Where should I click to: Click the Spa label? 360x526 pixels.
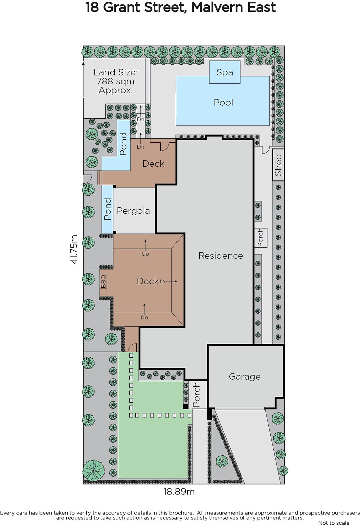pyautogui.click(x=225, y=73)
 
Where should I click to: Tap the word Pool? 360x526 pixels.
pyautogui.click(x=223, y=102)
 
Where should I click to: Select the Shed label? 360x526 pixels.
pyautogui.click(x=278, y=165)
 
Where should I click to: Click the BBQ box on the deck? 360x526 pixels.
pyautogui.click(x=103, y=281)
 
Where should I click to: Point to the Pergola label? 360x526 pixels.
pyautogui.click(x=133, y=211)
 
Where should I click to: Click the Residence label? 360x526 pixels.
pyautogui.click(x=221, y=255)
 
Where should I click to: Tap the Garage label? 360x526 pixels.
pyautogui.click(x=244, y=377)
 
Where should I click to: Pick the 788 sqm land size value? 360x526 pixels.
pyautogui.click(x=116, y=81)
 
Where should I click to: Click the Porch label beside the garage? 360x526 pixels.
pyautogui.click(x=196, y=394)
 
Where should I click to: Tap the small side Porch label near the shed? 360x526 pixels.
pyautogui.click(x=260, y=238)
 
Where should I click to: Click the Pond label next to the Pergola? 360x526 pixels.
pyautogui.click(x=107, y=209)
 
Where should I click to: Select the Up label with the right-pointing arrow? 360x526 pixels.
pyautogui.click(x=161, y=281)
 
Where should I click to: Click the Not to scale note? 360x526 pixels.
pyautogui.click(x=334, y=523)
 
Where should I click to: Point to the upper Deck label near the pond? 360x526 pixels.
pyautogui.click(x=153, y=164)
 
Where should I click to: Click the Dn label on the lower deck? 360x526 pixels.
pyautogui.click(x=144, y=318)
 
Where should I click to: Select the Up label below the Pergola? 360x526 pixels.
pyautogui.click(x=145, y=254)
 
